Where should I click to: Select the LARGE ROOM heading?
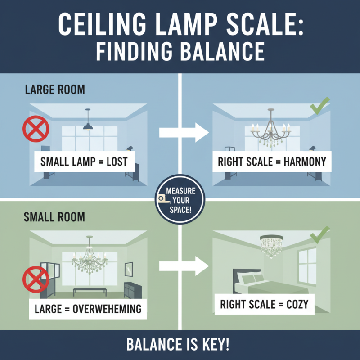54,90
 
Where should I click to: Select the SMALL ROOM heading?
54,217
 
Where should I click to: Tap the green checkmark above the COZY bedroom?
319,234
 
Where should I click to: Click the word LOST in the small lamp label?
118,161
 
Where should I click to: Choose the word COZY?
297,305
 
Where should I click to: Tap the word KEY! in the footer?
217,345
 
